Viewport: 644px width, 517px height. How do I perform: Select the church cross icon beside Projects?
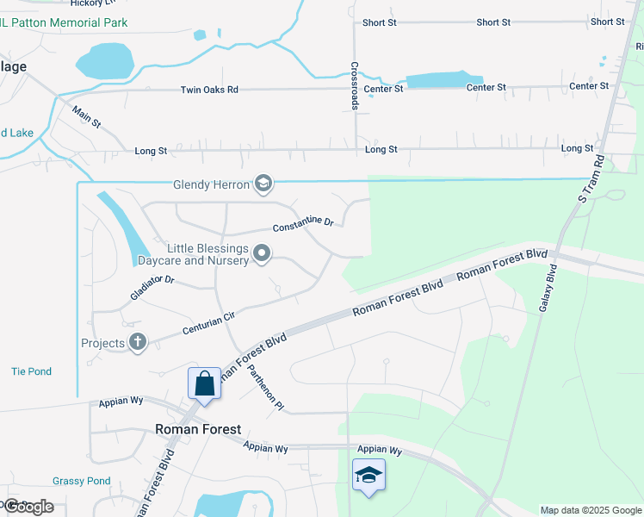tap(138, 343)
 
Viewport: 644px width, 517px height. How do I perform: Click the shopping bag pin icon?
tap(205, 383)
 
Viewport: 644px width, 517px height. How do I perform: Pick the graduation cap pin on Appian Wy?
tap(368, 476)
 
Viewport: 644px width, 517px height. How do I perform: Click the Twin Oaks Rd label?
tap(209, 90)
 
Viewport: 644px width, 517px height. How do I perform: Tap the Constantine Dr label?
tap(303, 225)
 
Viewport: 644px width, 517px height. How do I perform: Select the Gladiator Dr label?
tap(154, 285)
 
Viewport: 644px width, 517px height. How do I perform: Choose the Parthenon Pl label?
tap(265, 389)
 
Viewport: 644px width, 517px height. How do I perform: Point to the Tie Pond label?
tap(32, 371)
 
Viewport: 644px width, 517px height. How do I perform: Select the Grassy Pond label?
tap(81, 481)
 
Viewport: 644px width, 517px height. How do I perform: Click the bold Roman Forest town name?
tap(197, 429)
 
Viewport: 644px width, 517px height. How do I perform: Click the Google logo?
tap(28, 507)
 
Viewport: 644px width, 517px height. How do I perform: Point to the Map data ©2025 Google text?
tap(590, 510)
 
